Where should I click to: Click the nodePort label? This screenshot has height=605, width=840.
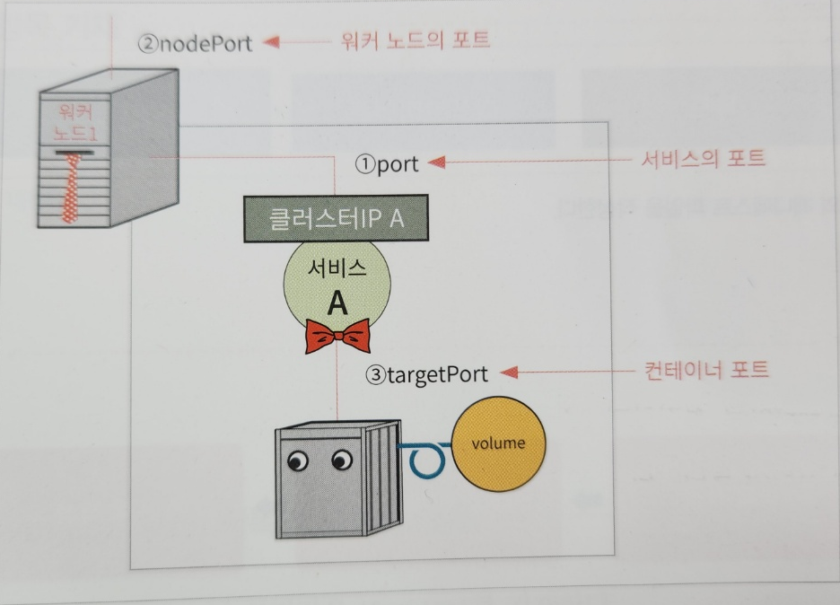point(195,42)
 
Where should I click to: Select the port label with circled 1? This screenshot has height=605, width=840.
point(387,164)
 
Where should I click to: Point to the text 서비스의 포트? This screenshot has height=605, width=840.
point(704,159)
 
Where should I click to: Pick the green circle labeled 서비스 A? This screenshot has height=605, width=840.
point(337,287)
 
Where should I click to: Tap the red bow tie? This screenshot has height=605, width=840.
point(337,337)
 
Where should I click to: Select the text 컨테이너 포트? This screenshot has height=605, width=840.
point(706,370)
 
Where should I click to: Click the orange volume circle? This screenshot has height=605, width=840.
point(498,443)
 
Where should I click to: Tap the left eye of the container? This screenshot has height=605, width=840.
point(297,461)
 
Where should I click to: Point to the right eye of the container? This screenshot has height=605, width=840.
point(342,460)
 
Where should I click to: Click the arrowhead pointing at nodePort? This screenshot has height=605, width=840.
point(269,41)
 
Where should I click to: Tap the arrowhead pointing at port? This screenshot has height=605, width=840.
point(436,162)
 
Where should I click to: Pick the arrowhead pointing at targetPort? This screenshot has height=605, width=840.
point(509,372)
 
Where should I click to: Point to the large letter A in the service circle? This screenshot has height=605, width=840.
point(337,302)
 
